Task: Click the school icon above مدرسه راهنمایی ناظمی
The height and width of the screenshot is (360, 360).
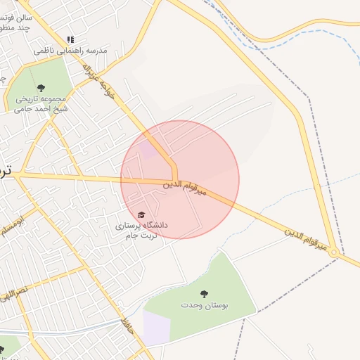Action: point(70,40)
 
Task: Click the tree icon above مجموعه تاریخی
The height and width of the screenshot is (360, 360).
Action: point(41,88)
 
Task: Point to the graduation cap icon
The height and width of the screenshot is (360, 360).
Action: point(141,214)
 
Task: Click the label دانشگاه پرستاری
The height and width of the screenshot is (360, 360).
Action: point(142,226)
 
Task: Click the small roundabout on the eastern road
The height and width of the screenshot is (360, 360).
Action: point(335,251)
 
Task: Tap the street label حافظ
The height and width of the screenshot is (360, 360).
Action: point(127,325)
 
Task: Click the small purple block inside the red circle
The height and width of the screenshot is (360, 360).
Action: point(147,149)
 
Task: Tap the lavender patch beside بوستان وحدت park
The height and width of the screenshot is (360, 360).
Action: point(157,328)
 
